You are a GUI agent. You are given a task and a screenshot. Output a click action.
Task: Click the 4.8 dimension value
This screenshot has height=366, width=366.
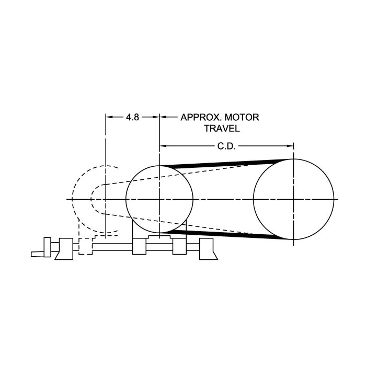132,117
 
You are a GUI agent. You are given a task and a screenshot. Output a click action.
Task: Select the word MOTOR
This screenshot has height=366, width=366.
242,117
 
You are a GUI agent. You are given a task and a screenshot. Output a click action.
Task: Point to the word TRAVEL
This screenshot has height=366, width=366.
222,129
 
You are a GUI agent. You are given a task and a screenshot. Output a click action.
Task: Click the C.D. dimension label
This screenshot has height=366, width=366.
226,146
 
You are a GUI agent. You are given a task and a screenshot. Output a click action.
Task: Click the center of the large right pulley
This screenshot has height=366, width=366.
294,199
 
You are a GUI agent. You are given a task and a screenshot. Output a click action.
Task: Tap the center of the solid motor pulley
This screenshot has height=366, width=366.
159,199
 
